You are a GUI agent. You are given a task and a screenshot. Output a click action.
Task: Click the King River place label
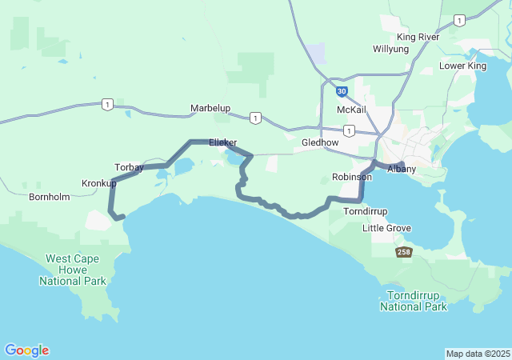pyautogui.click(x=418, y=37)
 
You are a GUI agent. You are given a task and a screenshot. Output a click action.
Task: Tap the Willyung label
pyautogui.click(x=390, y=49)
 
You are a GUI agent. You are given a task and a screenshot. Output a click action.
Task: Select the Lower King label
pyautogui.click(x=462, y=66)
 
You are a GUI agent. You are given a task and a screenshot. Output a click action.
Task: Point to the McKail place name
pyautogui.click(x=351, y=110)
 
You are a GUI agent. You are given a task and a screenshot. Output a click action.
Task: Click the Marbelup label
pyautogui.click(x=210, y=107)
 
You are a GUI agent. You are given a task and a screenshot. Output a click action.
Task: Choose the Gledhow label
pyautogui.click(x=320, y=142)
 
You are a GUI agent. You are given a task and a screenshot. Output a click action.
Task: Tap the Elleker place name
pyautogui.click(x=222, y=142)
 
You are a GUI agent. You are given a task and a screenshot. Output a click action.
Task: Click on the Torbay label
pyautogui.click(x=129, y=167)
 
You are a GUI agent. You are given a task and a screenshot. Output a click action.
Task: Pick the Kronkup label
pyautogui.click(x=99, y=183)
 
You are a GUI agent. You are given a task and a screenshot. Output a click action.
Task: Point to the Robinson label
pyautogui.click(x=352, y=177)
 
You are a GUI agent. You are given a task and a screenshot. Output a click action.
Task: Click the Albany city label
pyautogui.click(x=402, y=169)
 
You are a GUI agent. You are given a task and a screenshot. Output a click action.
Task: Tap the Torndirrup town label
pyautogui.click(x=365, y=211)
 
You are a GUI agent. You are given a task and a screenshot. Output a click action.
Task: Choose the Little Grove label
pyautogui.click(x=386, y=228)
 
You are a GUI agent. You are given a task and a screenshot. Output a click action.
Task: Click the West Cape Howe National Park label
pyautogui.click(x=76, y=270)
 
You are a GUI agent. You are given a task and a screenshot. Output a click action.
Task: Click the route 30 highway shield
pyautogui.click(x=342, y=92)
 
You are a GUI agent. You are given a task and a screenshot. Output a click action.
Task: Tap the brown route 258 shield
pyautogui.click(x=404, y=252)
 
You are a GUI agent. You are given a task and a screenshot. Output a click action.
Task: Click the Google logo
pyautogui.click(x=26, y=350)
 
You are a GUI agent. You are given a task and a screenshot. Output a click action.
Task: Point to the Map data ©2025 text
pyautogui.click(x=478, y=354)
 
